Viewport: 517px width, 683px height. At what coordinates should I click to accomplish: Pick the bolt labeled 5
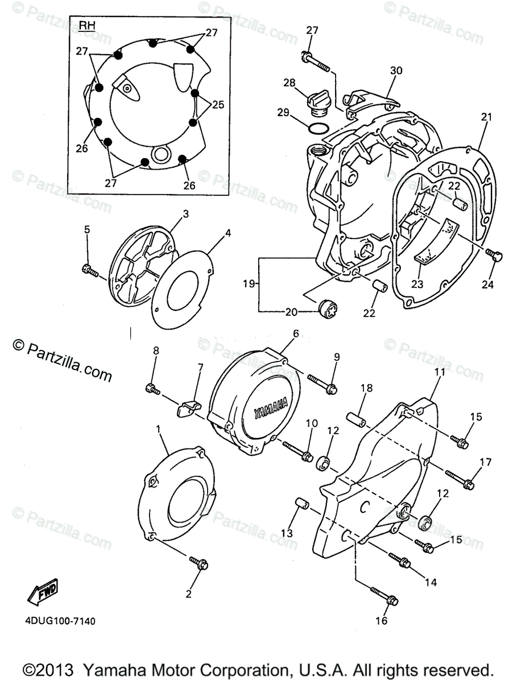tap(89, 269)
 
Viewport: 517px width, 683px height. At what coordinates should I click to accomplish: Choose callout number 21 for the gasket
tap(485, 118)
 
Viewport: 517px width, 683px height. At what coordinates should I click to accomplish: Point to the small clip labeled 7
tap(188, 409)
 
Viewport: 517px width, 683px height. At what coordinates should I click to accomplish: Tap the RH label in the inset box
tap(86, 25)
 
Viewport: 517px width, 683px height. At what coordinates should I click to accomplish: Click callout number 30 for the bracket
tap(396, 71)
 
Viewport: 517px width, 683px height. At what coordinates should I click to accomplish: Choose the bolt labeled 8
tap(152, 389)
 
